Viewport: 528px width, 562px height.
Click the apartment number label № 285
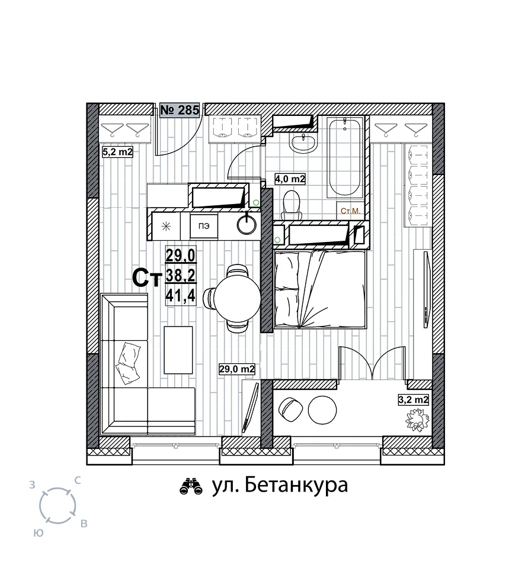(x=180, y=109)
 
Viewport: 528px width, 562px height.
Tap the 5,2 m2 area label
(x=118, y=152)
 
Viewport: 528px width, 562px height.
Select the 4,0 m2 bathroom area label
(x=290, y=179)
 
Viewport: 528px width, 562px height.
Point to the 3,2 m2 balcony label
(x=414, y=400)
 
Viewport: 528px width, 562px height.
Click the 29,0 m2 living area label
(x=237, y=369)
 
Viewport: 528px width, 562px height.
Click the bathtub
(x=344, y=157)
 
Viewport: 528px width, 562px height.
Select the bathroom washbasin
(x=303, y=143)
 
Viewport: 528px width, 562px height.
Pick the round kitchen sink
(x=247, y=224)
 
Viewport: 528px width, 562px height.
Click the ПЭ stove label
(x=203, y=226)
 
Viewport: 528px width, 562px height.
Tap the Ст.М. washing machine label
(x=350, y=211)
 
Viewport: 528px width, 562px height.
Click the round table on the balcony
(x=322, y=410)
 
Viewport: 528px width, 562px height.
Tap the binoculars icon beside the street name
(x=191, y=486)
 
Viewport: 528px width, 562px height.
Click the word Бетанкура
(x=297, y=486)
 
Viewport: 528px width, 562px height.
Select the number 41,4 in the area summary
(x=181, y=296)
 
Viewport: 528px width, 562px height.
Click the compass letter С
(x=77, y=480)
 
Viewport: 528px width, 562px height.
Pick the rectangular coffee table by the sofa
(x=178, y=350)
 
